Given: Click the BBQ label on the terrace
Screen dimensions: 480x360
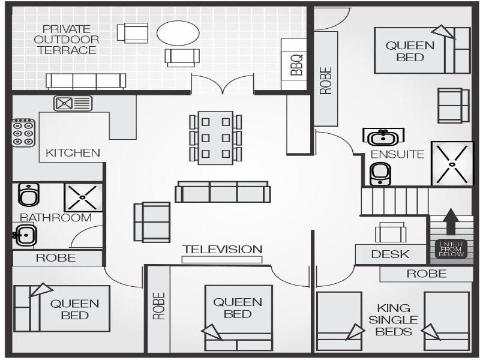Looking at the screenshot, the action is [296, 65].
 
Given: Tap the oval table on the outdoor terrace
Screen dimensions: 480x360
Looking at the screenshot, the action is [178, 33].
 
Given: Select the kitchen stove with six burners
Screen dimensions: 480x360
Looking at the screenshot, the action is [23, 133].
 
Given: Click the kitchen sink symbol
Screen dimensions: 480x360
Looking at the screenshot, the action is [73, 103].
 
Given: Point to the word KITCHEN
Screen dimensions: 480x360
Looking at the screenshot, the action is [73, 153].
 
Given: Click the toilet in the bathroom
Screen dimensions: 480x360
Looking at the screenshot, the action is [28, 194].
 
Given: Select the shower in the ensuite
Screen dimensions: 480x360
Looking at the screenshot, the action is [452, 164].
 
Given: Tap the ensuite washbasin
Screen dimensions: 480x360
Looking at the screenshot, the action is [383, 136].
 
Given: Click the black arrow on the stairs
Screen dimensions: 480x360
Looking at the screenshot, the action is [451, 221].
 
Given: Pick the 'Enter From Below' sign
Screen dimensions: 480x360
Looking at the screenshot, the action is [452, 249].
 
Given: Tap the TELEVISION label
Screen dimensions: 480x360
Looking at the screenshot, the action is [223, 249].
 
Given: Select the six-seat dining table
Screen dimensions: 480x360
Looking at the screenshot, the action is [215, 138].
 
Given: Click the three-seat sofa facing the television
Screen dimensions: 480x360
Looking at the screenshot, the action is [223, 192].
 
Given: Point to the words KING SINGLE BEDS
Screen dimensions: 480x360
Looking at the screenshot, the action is [393, 320].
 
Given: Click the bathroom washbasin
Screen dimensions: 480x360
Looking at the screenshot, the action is [26, 235].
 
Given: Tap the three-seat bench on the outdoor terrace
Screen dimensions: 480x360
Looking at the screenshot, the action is [86, 81].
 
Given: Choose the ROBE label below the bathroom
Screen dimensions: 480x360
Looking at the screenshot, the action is [56, 258].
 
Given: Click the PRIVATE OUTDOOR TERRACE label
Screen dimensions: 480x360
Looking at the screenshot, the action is [67, 40].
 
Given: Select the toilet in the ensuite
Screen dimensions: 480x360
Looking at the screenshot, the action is [380, 174].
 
